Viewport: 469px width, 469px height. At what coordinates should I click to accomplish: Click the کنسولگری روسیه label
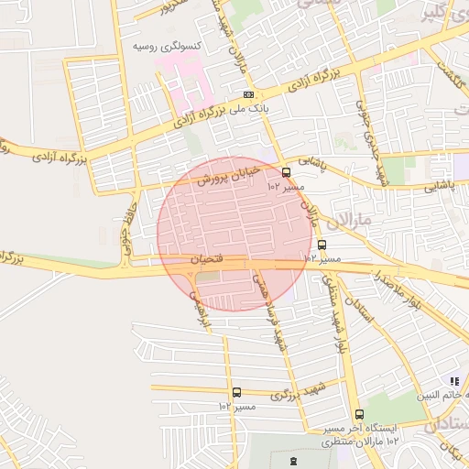(x=168, y=45)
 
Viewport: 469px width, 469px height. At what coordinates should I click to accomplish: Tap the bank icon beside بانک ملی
(x=248, y=94)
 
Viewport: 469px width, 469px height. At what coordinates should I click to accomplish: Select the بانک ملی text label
(x=253, y=108)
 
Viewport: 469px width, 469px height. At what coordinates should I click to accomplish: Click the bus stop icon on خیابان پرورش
(x=287, y=171)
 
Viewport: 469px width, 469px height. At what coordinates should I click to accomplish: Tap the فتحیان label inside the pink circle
(x=206, y=261)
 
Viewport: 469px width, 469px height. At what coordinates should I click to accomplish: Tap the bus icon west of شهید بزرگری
(x=236, y=392)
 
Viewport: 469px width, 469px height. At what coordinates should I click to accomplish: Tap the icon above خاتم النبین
(x=453, y=380)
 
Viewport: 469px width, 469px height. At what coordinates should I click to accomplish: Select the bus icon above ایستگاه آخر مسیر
(x=358, y=414)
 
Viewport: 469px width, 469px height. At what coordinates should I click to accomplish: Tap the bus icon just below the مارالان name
(x=322, y=245)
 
